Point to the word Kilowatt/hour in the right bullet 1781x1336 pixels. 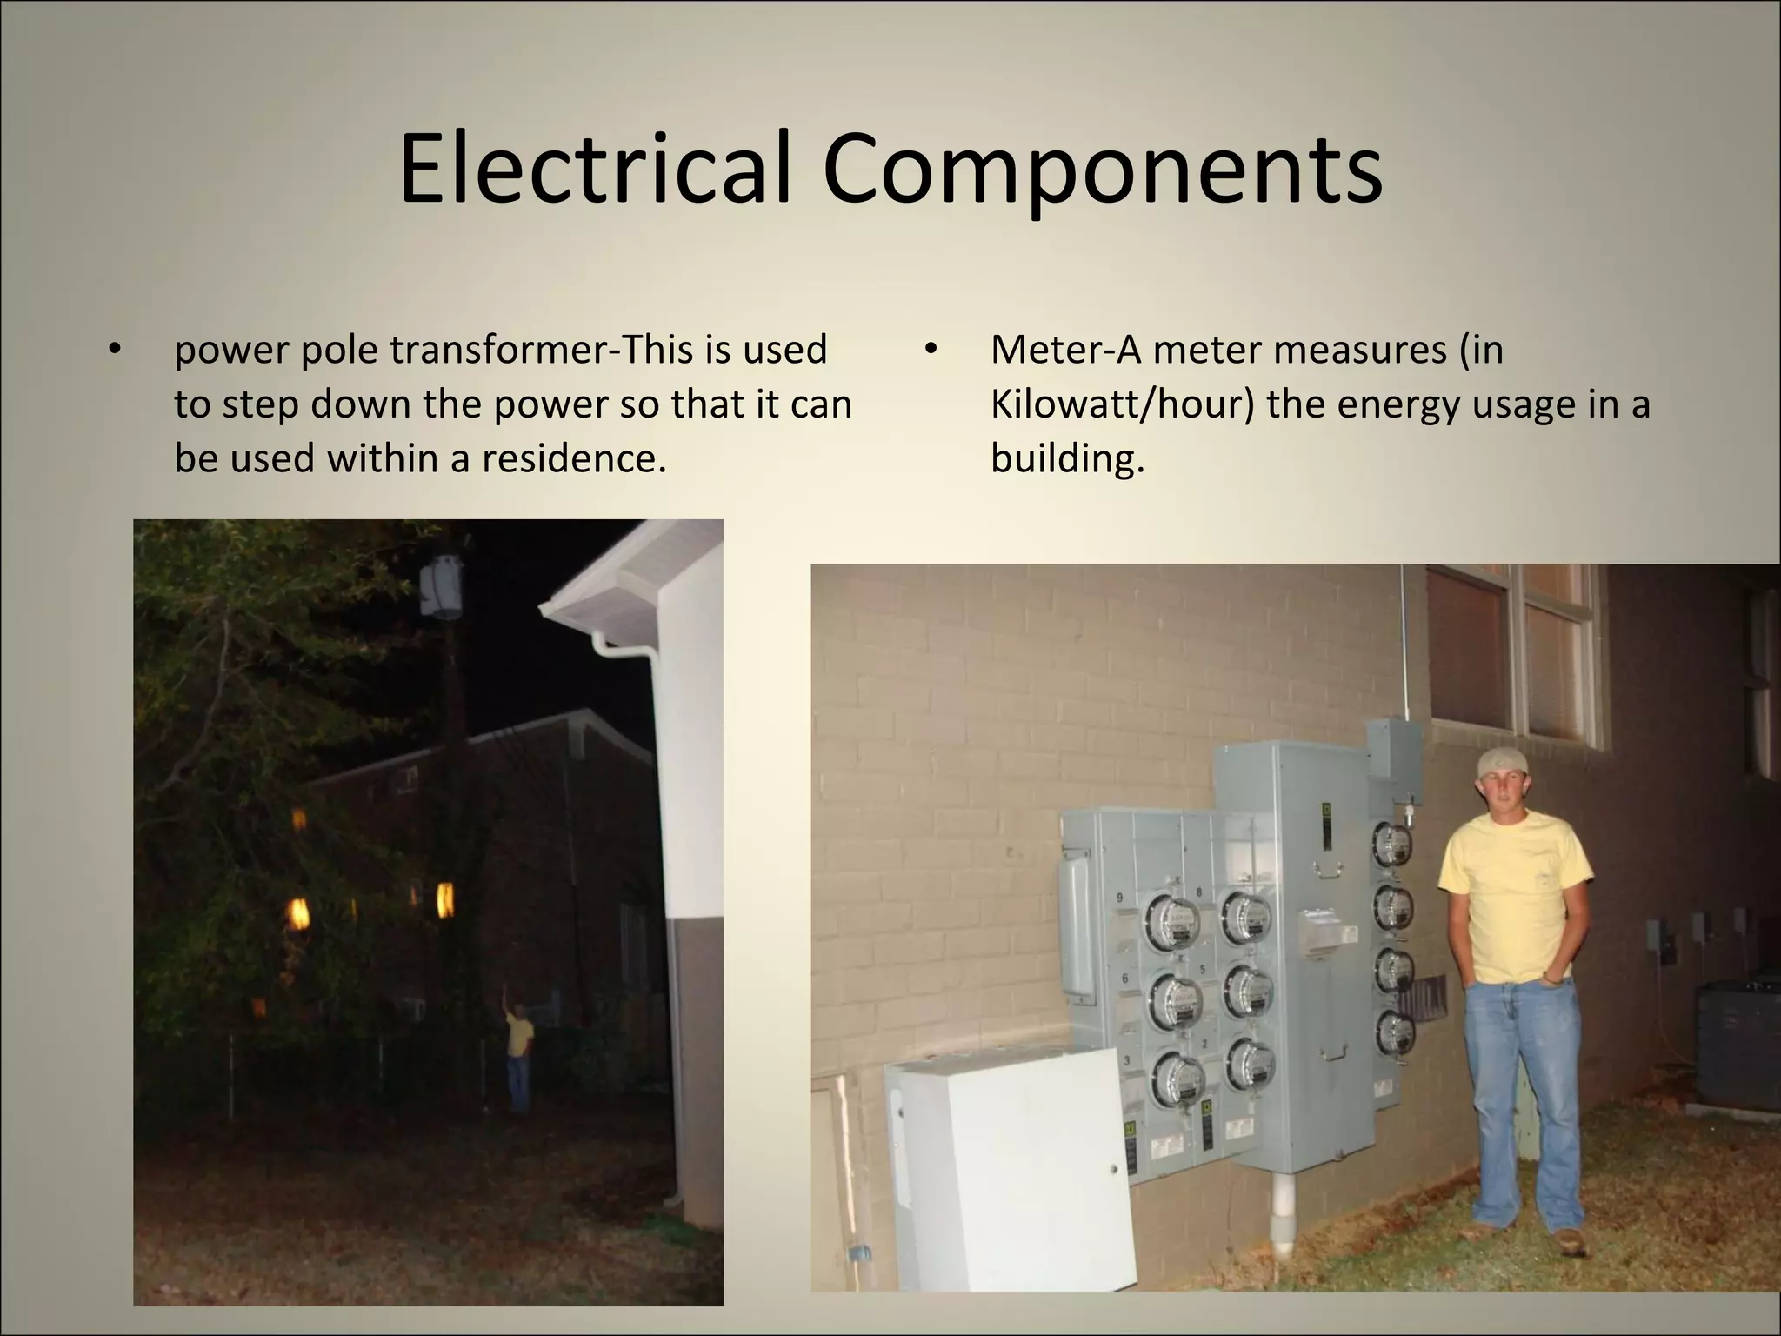(1121, 404)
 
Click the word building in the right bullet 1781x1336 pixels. (1065, 458)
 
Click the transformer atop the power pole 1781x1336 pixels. (443, 587)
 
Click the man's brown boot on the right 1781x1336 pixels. (1569, 1240)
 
